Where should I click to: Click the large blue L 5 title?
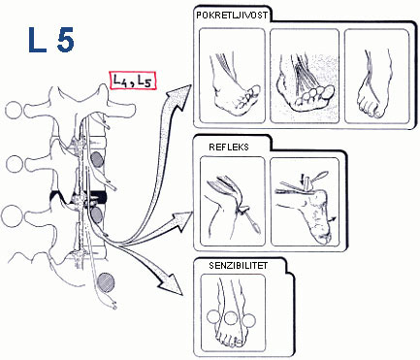pos(51,40)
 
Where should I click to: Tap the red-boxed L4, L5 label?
pos(133,81)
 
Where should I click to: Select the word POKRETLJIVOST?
pos(232,16)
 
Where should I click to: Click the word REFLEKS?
pos(229,147)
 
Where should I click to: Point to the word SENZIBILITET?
pos(239,266)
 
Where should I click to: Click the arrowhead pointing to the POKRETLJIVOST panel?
pos(178,95)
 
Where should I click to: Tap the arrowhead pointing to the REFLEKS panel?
pos(181,221)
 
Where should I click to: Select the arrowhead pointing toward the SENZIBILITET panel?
pos(171,283)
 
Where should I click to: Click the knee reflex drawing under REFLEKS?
pos(232,201)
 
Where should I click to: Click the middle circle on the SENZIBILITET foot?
pos(232,318)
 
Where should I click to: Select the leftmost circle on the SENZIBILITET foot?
pos(213,317)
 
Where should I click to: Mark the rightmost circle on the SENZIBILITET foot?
pos(249,320)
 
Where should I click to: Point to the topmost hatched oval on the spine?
pos(96,160)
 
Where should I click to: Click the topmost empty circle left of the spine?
pos(15,110)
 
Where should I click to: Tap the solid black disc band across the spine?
pos(97,196)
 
